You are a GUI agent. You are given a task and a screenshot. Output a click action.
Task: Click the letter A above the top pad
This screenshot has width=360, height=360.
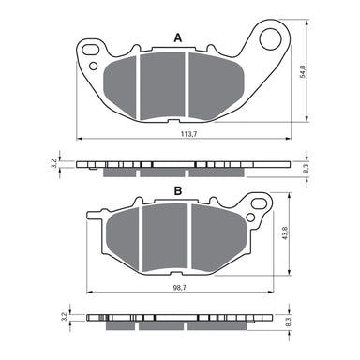[x=177, y=37]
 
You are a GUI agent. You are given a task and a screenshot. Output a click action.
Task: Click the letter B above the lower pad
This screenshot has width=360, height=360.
[x=177, y=191]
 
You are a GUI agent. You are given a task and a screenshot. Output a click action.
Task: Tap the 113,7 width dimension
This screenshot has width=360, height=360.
[x=187, y=133]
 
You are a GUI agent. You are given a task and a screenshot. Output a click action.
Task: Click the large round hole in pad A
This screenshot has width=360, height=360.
[x=271, y=38]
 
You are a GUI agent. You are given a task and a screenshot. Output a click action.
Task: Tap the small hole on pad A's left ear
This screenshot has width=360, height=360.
[x=93, y=67]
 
